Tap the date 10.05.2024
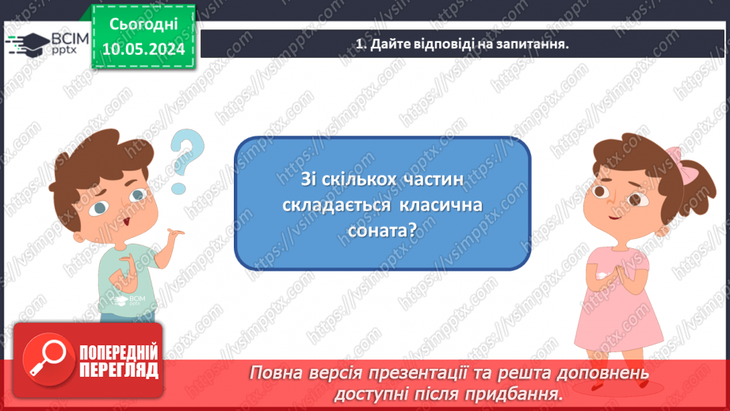[x=143, y=49]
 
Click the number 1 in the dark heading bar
[x=360, y=44]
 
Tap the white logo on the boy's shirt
[x=121, y=301]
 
